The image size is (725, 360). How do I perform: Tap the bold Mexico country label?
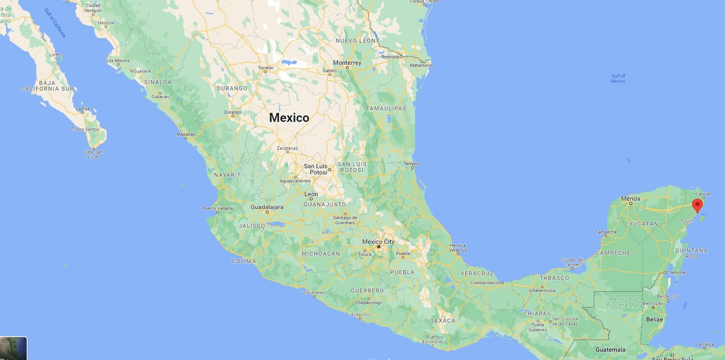click(x=289, y=118)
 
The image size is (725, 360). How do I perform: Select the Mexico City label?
click(x=378, y=242)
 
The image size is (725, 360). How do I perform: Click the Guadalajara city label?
click(x=267, y=207)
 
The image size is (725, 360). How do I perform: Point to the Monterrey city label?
click(x=347, y=63)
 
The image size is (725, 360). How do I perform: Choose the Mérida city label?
click(x=630, y=199)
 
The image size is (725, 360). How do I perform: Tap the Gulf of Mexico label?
click(x=618, y=78)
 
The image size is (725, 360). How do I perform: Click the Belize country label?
click(x=654, y=319)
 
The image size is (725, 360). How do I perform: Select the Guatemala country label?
click(x=610, y=350)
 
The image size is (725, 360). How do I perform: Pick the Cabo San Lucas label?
click(x=93, y=154)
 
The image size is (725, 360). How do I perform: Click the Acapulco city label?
click(x=360, y=314)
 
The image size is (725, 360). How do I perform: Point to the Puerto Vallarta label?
click(x=217, y=209)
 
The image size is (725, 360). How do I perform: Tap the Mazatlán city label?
click(x=186, y=134)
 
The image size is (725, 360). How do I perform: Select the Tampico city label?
click(x=412, y=163)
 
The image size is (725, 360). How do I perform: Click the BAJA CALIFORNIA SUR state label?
click(x=47, y=85)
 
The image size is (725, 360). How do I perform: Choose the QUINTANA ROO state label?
click(x=691, y=253)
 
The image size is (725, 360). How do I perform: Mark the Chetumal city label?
click(x=676, y=272)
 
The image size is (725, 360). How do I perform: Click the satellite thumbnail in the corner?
click(x=13, y=348)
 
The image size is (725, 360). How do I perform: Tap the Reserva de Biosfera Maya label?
click(x=624, y=302)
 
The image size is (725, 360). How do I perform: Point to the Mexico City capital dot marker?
click(x=378, y=247)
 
